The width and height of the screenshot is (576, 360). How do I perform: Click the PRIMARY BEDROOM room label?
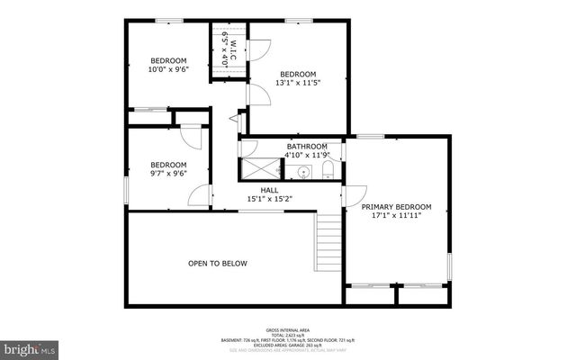coord(396,206)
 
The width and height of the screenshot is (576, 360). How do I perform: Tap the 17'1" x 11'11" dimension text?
coord(396,216)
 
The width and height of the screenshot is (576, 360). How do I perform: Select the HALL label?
coord(269,190)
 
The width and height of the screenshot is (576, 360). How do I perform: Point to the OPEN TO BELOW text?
coord(217,264)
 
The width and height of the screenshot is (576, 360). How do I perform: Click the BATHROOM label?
coord(307,146)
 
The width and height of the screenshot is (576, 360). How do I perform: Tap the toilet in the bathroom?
coord(328,170)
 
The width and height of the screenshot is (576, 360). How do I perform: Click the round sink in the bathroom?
coord(305,171)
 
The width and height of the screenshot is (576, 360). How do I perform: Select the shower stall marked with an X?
coord(262,167)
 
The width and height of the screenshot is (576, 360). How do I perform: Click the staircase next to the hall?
coord(328,241)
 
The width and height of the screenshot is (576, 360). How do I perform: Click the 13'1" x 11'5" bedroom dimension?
coord(298,83)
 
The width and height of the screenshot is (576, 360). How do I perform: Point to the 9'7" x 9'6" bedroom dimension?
coord(168,174)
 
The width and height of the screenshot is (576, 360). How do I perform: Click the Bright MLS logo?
coord(29,346)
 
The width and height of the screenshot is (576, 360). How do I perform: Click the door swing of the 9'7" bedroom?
coord(191,135)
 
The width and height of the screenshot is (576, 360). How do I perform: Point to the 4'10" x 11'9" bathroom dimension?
coord(307,155)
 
